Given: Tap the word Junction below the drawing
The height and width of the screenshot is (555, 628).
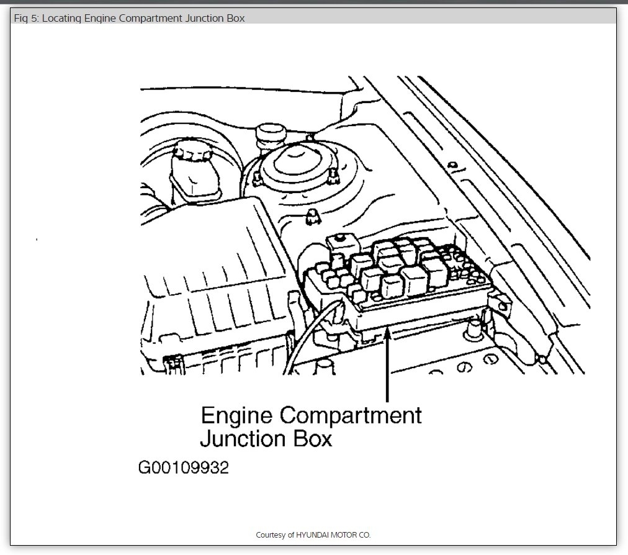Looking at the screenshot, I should pyautogui.click(x=243, y=439).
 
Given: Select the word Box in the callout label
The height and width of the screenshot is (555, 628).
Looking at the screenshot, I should pyautogui.click(x=312, y=439).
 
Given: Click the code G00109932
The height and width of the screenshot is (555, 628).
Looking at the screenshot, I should pyautogui.click(x=183, y=467).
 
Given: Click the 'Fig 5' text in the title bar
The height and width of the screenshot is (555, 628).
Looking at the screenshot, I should pyautogui.click(x=25, y=19).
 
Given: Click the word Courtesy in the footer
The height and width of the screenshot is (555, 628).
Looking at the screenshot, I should pyautogui.click(x=271, y=535).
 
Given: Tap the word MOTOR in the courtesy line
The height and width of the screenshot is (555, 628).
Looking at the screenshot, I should pyautogui.click(x=346, y=535).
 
